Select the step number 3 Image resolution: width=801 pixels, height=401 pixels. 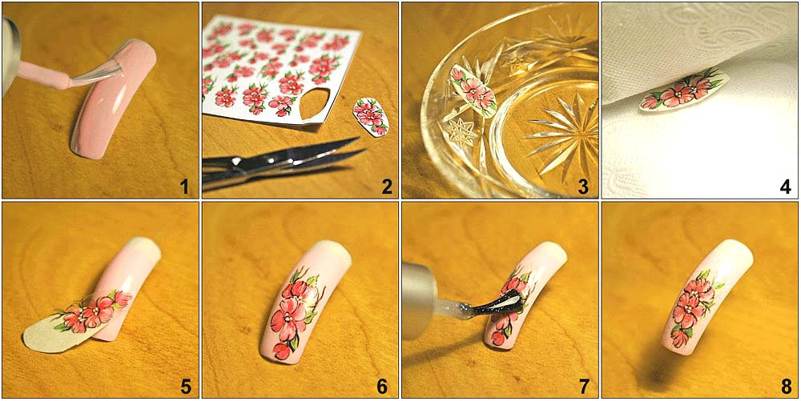click(x=583, y=188)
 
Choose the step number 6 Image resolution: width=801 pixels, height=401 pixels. click(x=382, y=387)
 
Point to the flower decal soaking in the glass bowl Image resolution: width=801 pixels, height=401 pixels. click(x=473, y=90)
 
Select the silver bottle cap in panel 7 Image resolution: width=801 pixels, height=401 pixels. click(x=420, y=301)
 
